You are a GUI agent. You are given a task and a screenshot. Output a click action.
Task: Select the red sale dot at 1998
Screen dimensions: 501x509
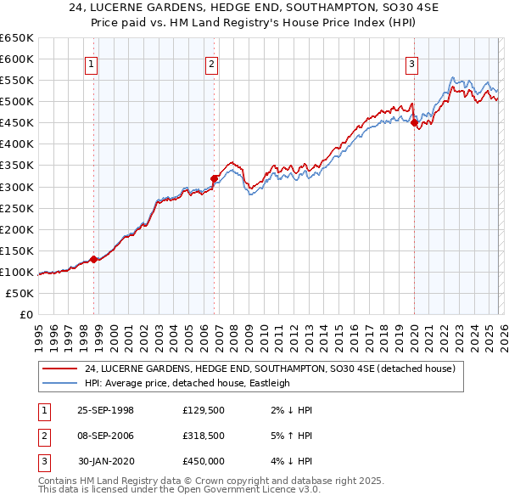point(93,259)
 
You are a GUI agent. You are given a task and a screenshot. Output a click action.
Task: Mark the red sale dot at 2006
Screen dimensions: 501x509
point(214,178)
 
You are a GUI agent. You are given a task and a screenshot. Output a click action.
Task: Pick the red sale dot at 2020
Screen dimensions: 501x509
point(415,122)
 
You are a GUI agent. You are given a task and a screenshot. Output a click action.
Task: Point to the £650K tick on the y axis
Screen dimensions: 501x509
point(17,38)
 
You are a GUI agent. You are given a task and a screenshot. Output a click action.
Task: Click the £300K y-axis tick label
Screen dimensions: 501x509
point(17,187)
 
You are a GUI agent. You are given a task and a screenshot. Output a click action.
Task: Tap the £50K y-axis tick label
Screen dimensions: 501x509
point(20,293)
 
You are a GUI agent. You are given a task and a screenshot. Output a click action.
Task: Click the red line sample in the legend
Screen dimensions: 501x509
point(61,369)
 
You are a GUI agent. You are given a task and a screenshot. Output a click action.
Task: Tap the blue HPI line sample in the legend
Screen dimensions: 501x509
point(61,383)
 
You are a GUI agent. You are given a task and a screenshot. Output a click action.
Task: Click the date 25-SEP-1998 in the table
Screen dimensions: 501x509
point(105,410)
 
